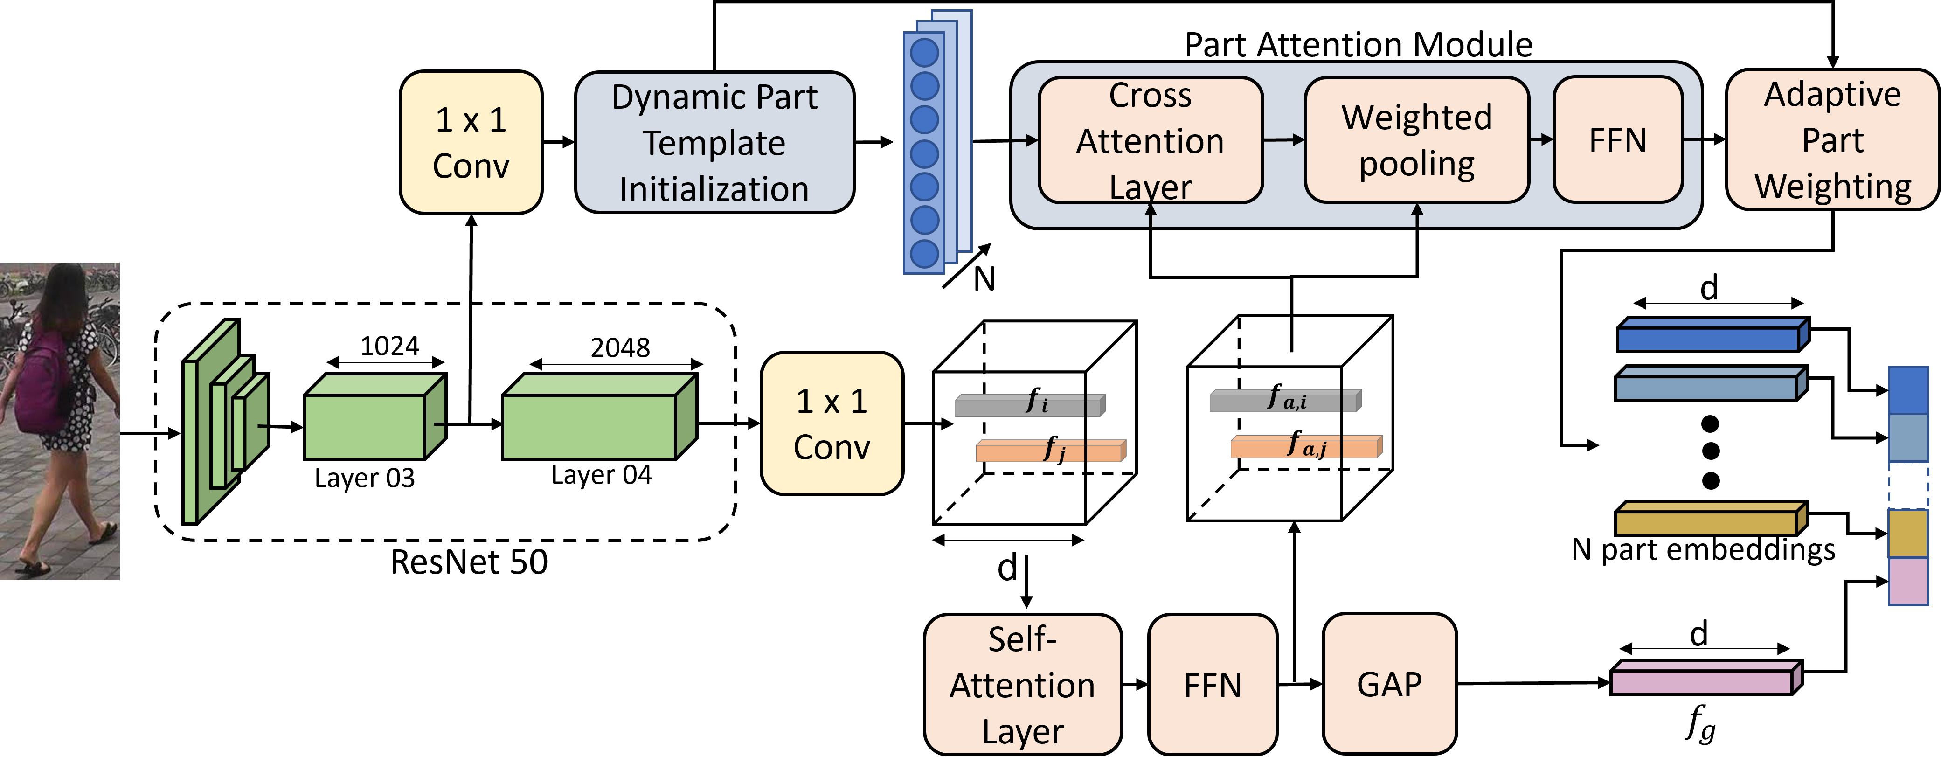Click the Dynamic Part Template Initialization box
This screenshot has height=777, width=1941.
tap(714, 142)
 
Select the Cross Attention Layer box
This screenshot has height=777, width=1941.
tap(1150, 140)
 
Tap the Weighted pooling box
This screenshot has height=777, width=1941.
tap(1416, 140)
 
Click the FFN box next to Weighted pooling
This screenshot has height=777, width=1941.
tap(1618, 140)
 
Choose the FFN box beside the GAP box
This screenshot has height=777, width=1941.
tap(1213, 684)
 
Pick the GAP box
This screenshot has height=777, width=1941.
tap(1389, 684)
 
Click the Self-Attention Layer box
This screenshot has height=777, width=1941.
tap(1022, 684)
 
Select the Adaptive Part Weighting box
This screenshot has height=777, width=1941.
tap(1832, 140)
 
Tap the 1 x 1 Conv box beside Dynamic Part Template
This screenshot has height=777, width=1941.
tap(471, 142)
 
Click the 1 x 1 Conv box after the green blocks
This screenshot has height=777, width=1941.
tap(832, 423)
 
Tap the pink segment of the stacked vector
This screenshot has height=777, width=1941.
tap(1908, 580)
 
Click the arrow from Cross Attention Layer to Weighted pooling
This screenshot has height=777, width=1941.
tap(1284, 139)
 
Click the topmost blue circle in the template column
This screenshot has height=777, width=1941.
tap(924, 53)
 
